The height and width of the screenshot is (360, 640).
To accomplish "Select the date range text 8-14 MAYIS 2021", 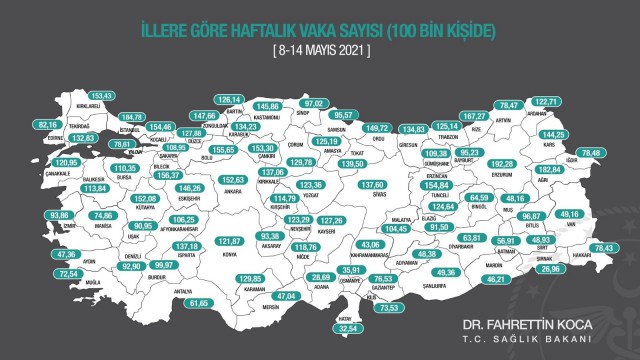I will pyautogui.click(x=320, y=49).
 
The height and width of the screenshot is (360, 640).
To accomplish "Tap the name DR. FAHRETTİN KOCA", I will pyautogui.click(x=527, y=325).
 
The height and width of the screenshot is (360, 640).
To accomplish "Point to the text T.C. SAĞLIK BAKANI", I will pyautogui.click(x=527, y=339).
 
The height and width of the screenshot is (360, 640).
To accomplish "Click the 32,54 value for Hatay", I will pyautogui.click(x=349, y=326).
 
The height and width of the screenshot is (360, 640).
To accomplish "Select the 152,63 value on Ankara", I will pyautogui.click(x=232, y=180).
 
